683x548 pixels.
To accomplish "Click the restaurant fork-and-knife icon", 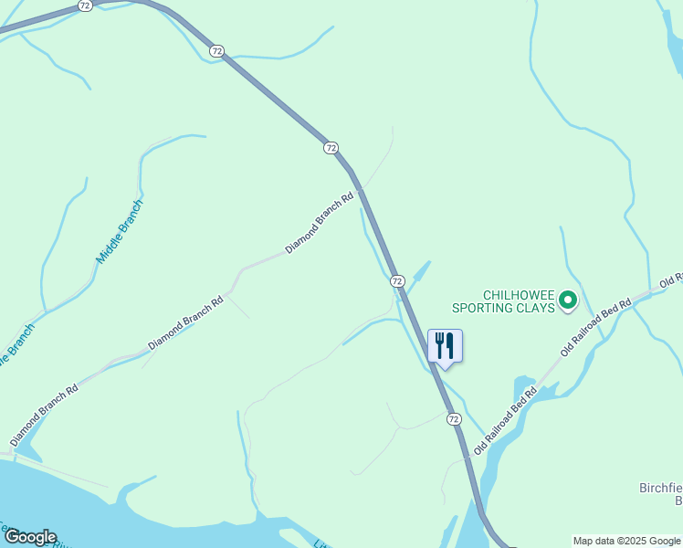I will click(445, 346).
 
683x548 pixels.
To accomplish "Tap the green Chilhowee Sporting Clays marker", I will click(567, 299).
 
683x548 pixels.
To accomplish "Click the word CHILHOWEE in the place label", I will click(517, 294).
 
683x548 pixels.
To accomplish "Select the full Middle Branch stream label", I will click(120, 232).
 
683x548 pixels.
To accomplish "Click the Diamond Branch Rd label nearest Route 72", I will click(319, 223).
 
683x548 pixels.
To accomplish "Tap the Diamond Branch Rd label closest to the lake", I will click(44, 415).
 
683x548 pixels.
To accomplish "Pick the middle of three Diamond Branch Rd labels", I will click(185, 321).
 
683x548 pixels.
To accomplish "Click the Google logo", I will click(29, 537).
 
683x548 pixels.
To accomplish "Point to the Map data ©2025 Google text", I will click(626, 541).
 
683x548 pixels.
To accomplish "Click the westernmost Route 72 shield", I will click(85, 5).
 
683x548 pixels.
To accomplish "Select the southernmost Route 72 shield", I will click(454, 418).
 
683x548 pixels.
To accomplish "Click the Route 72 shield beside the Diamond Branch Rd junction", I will click(331, 147).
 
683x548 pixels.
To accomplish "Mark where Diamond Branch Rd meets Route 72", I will click(361, 189).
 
